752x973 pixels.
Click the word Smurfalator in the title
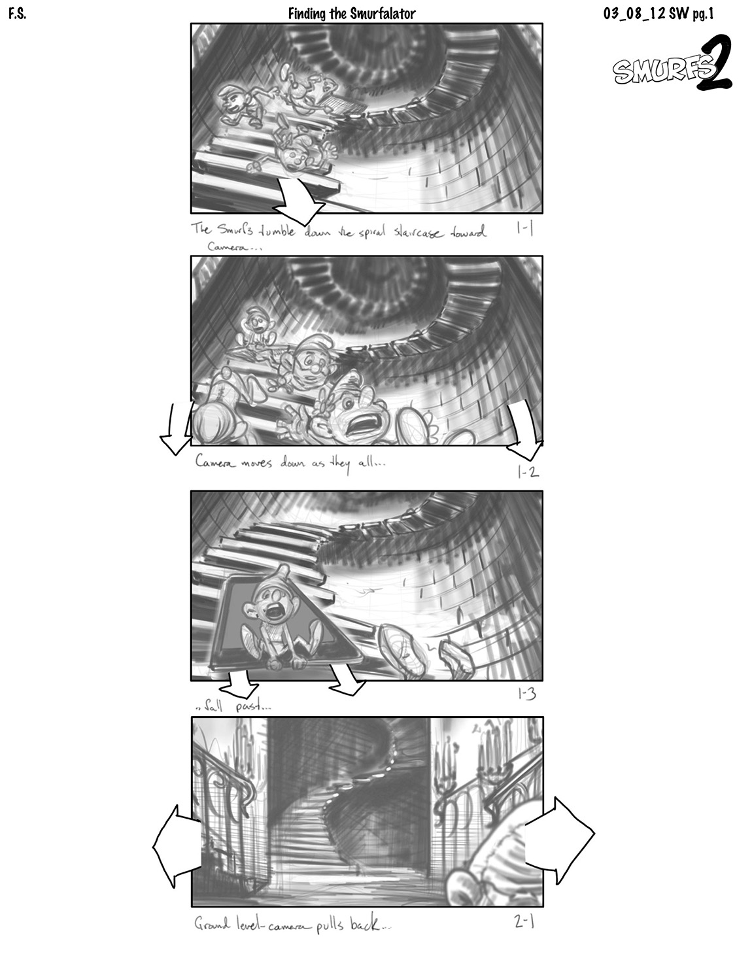tap(383, 14)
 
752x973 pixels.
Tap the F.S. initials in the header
tap(17, 14)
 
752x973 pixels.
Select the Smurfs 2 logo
tap(672, 63)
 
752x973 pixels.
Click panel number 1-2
tap(528, 472)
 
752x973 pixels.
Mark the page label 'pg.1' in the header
tap(703, 14)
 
